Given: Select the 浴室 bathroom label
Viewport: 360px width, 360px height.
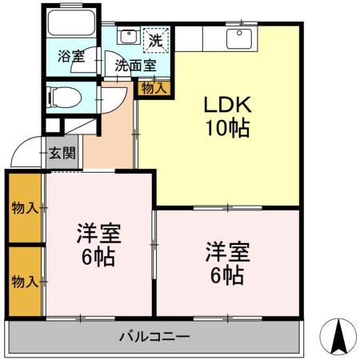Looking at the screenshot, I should tap(70, 57).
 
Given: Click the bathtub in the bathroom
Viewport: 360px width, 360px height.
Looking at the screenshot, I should tap(71, 22).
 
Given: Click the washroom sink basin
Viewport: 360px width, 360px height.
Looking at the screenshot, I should tap(128, 37).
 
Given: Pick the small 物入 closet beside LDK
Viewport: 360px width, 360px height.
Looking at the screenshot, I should tap(154, 87).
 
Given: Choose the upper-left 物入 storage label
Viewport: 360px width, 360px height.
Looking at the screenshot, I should tap(25, 208).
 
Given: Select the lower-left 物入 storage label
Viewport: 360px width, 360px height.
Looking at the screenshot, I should tap(25, 281).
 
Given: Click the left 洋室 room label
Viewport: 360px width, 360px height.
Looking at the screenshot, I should tap(98, 234).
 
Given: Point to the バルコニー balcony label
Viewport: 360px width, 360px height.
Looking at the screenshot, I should tap(155, 336).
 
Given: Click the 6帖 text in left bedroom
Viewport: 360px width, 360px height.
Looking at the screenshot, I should tap(98, 258).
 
